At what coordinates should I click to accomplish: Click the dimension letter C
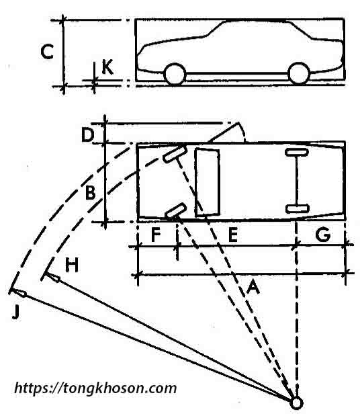click(x=48, y=52)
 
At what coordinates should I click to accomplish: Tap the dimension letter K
click(x=107, y=67)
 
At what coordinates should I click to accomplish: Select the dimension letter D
click(x=87, y=135)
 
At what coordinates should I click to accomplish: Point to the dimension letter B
click(x=90, y=192)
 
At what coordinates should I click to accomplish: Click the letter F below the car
click(x=156, y=235)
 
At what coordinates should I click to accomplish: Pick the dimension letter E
click(x=233, y=235)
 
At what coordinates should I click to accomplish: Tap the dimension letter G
click(x=323, y=235)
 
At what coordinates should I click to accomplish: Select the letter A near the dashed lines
click(x=253, y=287)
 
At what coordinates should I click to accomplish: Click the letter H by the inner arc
click(x=72, y=265)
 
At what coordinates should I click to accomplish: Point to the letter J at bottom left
click(x=16, y=312)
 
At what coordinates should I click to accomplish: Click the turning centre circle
click(x=296, y=403)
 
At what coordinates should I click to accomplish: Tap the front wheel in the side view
click(x=175, y=74)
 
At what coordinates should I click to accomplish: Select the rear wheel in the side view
click(x=299, y=73)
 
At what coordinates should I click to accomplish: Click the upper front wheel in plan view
click(x=175, y=154)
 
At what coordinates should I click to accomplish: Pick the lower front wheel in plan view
click(x=175, y=210)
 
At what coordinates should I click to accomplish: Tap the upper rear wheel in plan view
click(x=297, y=152)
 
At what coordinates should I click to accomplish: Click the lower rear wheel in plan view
click(x=297, y=208)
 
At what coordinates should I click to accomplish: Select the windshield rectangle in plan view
click(x=207, y=182)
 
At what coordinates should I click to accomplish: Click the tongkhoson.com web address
click(x=95, y=388)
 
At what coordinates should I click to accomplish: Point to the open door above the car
click(x=227, y=132)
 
